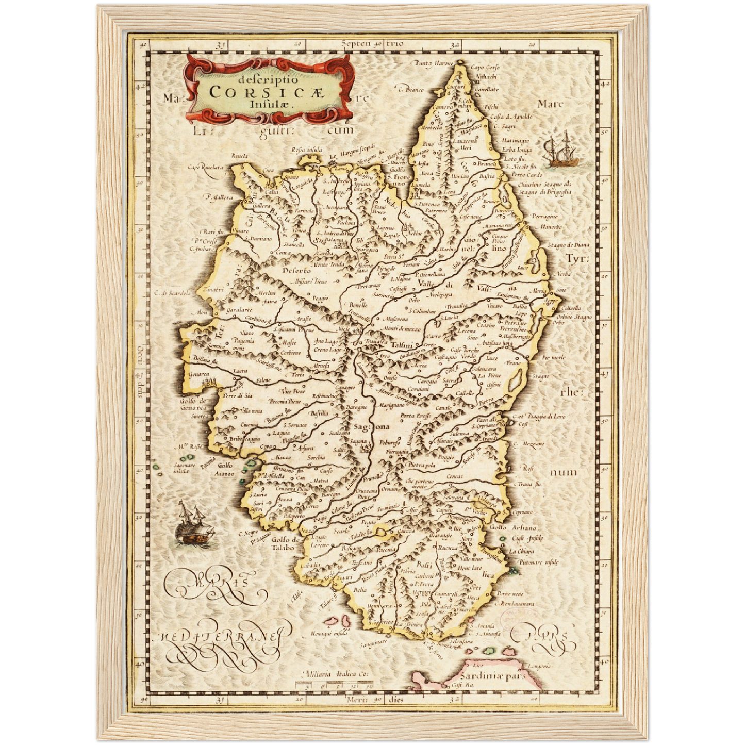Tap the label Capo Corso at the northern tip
(x=485, y=68)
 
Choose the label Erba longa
(x=517, y=150)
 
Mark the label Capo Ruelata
(x=205, y=167)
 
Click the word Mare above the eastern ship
(x=550, y=104)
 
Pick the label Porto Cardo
(x=527, y=174)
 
